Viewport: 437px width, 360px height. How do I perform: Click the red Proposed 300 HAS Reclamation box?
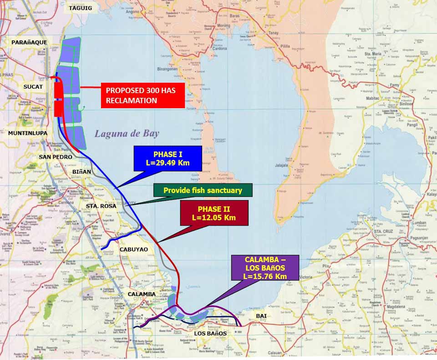[142, 95]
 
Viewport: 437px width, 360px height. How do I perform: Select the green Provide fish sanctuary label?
[203, 190]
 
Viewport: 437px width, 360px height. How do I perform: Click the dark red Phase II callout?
[214, 213]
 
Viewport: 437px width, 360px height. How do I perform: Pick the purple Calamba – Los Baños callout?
[265, 268]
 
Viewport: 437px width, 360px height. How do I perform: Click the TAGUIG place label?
[80, 8]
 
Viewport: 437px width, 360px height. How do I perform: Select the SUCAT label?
[33, 86]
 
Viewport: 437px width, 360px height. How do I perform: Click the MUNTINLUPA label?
[27, 133]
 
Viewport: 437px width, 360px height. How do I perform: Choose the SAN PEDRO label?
[55, 157]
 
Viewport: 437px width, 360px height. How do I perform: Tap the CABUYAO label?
[133, 250]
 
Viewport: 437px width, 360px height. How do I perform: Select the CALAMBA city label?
[142, 294]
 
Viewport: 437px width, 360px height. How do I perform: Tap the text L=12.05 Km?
[214, 218]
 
